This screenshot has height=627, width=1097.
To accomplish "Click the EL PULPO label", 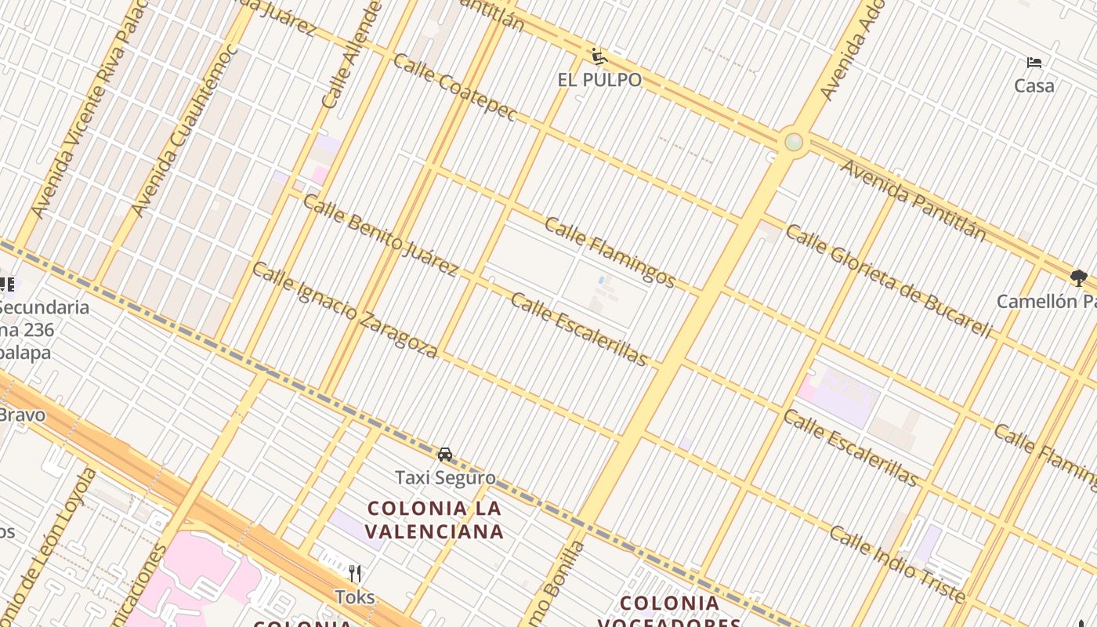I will coord(599,80).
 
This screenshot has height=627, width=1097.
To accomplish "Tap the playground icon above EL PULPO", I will coord(599,56).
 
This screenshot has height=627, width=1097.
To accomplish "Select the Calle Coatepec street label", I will coord(454,87).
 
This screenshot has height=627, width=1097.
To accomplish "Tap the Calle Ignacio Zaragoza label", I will coord(344,310).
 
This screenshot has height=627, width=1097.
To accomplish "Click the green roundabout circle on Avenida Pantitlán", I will coord(794,142).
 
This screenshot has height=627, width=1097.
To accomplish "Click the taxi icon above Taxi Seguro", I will coord(445,454).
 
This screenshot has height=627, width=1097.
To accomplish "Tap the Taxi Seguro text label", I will coord(445,477).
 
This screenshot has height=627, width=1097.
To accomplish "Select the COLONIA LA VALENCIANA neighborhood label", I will coord(435,520).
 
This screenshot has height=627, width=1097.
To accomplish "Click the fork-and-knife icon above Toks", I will coord(355,574).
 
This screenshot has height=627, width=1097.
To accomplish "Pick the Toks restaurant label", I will coord(355,597).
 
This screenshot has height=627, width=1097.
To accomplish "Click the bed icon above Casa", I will coord(1034,62).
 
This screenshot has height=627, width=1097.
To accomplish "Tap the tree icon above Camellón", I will coord(1078,277).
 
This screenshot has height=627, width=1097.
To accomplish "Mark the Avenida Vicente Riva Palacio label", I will coord(90,110).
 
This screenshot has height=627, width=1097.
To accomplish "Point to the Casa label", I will coord(1034,85).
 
